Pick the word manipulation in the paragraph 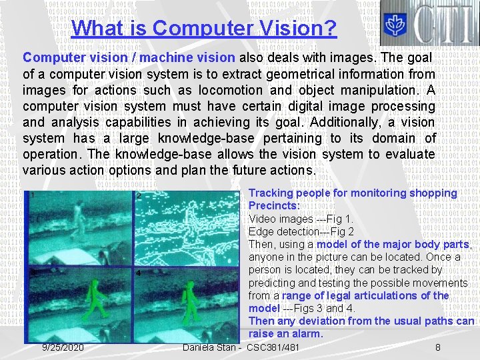click(381, 89)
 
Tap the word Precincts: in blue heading click(274, 206)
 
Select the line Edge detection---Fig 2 click(301, 231)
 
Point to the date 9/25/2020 click(63, 347)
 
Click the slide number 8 click(437, 347)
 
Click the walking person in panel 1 click(79, 220)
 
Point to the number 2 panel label click(138, 196)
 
